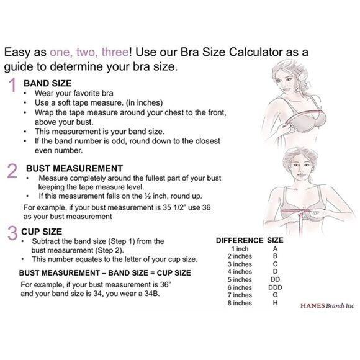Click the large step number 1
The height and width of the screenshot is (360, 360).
click(12, 85)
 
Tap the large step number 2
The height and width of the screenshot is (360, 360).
click(12, 171)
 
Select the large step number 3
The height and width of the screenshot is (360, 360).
click(12, 233)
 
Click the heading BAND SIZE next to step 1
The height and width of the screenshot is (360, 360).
click(48, 83)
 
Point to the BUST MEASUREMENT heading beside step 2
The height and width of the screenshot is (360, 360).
click(74, 169)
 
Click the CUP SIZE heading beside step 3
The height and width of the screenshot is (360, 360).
click(42, 232)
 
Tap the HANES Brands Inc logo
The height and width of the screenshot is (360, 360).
click(327, 306)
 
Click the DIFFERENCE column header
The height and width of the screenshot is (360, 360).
click(240, 240)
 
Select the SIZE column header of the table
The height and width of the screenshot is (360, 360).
click(275, 240)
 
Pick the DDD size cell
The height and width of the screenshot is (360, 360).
click(275, 287)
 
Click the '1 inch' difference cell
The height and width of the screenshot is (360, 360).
click(240, 249)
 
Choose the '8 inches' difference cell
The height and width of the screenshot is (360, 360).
click(240, 303)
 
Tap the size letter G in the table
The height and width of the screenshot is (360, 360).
click(276, 295)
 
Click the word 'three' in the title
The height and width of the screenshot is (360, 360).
click(115, 52)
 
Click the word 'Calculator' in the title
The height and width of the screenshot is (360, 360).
click(256, 52)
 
